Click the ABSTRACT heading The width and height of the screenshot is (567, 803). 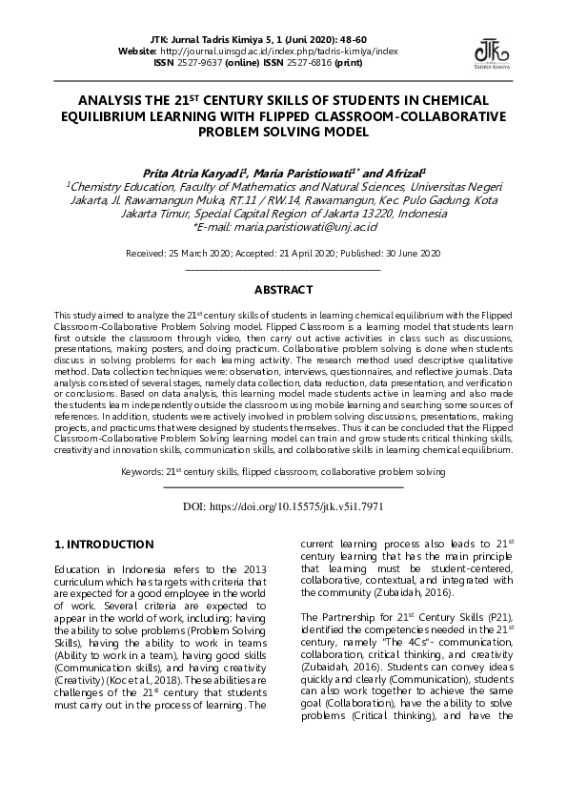coord(283,289)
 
